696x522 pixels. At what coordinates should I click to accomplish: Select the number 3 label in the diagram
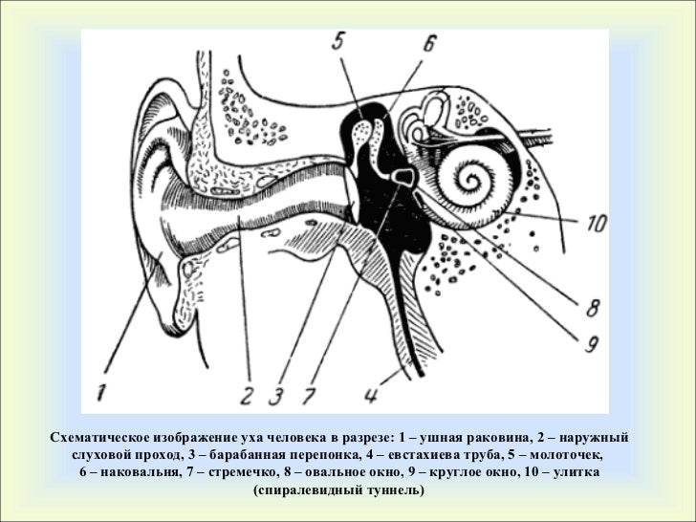point(279,394)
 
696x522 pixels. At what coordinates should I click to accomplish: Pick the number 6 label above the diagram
point(429,45)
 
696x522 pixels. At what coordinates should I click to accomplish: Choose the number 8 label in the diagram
point(592,309)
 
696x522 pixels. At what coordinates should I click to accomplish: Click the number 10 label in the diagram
point(595,226)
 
